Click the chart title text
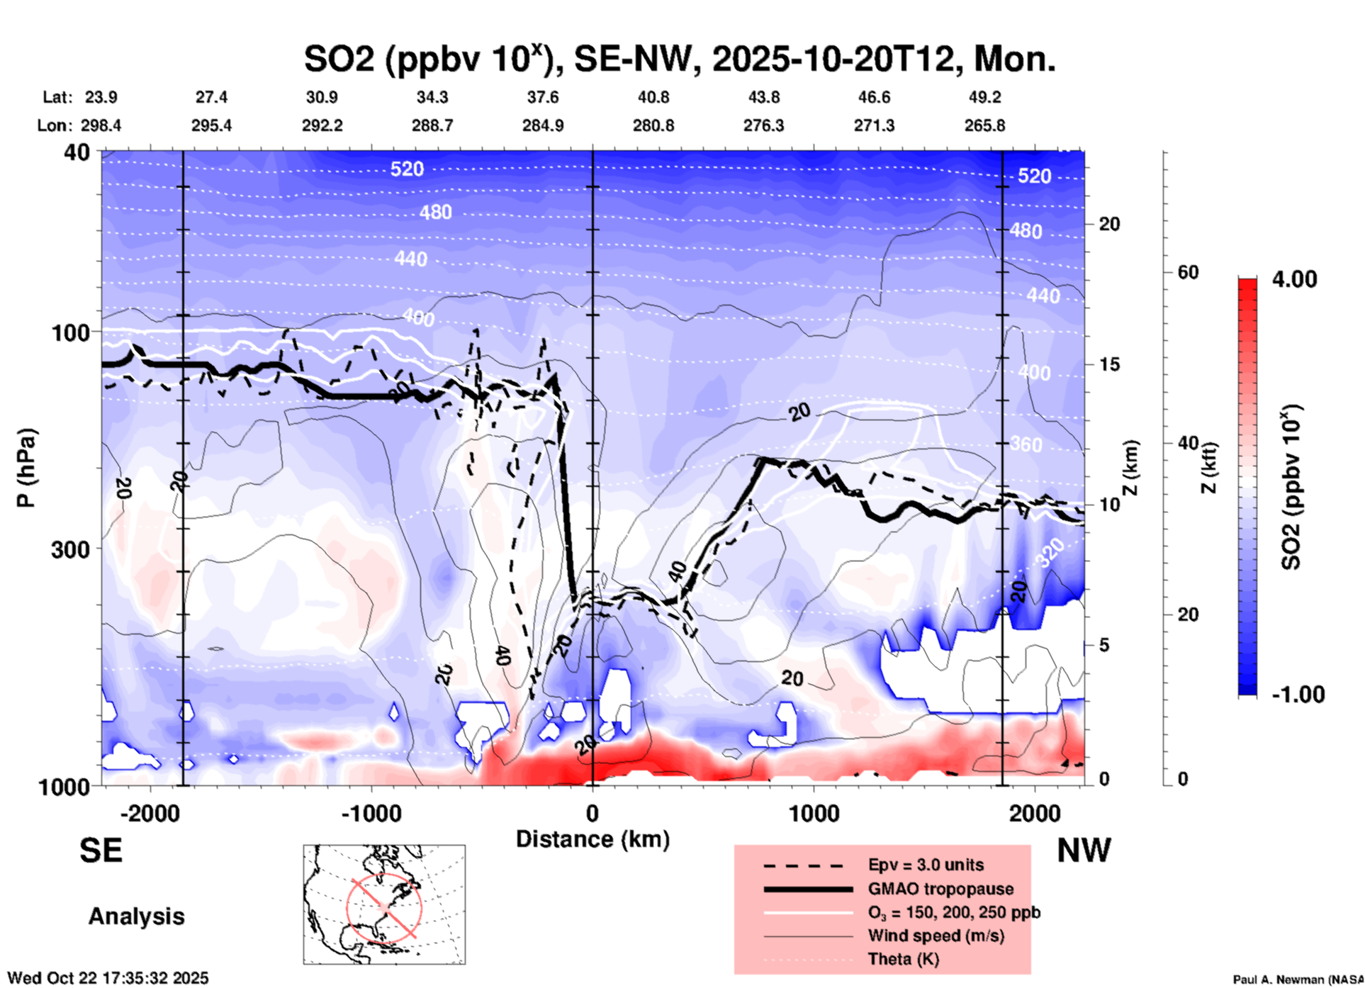[x=679, y=59]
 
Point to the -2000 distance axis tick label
[x=150, y=813]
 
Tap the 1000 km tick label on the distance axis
[x=814, y=813]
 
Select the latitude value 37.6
[x=543, y=97]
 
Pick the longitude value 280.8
[x=653, y=125]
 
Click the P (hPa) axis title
[x=26, y=468]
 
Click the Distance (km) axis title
[x=592, y=839]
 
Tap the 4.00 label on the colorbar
[x=1294, y=279]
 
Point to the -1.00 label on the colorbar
[x=1298, y=695]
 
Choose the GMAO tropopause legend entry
[x=940, y=889]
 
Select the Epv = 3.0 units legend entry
[x=925, y=865]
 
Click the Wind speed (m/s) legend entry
[x=936, y=936]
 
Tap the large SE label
[x=101, y=851]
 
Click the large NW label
[x=1084, y=851]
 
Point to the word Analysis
[x=136, y=916]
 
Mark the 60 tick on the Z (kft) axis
[x=1187, y=272]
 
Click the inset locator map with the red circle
[x=384, y=904]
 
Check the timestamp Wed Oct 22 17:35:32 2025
[x=108, y=978]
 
